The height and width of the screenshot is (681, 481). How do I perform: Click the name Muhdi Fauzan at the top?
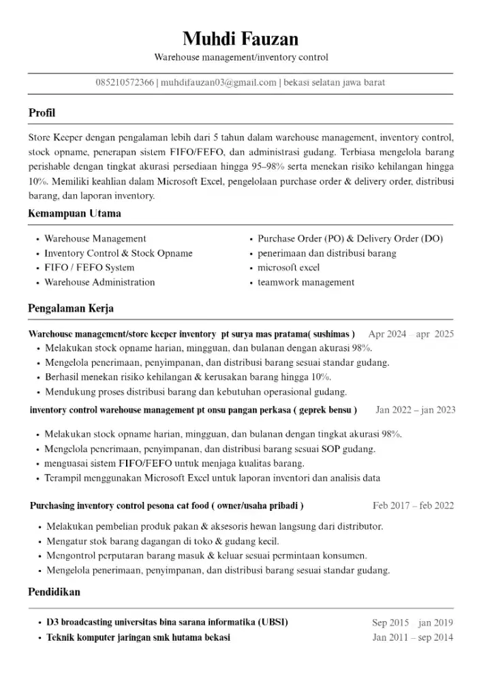240,37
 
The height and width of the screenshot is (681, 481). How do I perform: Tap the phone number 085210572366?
125,82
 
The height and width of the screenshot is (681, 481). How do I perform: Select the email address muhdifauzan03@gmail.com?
219,82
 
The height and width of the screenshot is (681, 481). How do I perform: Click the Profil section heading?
42,113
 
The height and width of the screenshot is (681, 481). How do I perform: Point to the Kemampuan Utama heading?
74,214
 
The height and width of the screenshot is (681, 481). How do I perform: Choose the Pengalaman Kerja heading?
71,308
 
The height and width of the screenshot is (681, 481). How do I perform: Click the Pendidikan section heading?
54,592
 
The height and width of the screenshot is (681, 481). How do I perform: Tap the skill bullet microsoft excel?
288,268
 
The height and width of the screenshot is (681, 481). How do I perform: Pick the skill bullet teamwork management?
306,282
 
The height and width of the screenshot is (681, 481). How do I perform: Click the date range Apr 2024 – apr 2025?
411,334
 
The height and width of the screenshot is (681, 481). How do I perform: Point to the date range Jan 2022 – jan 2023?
416,410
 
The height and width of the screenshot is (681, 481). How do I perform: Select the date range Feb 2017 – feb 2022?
413,506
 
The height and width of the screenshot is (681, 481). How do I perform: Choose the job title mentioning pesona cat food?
167,506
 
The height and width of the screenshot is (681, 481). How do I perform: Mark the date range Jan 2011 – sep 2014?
413,637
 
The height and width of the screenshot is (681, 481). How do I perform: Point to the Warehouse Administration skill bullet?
99,282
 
